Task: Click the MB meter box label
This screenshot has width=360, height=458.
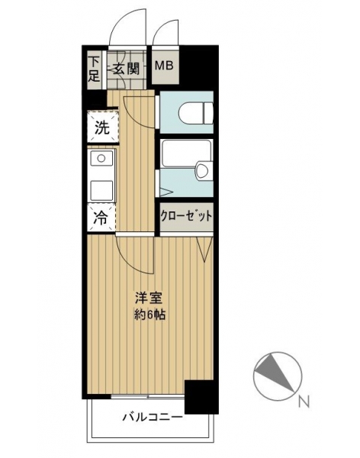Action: click(164, 66)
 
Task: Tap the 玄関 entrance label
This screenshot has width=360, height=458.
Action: click(126, 69)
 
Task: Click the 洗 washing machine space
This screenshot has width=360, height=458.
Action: click(102, 127)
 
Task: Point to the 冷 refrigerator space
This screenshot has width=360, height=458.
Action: click(101, 218)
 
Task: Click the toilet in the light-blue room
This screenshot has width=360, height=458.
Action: click(195, 113)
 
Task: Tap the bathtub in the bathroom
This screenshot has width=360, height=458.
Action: click(185, 153)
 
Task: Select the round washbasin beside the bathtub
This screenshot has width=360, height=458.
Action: click(202, 170)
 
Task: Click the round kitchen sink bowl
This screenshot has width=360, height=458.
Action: click(101, 158)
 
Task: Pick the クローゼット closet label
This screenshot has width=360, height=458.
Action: click(186, 217)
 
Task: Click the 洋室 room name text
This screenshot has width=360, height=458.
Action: click(148, 298)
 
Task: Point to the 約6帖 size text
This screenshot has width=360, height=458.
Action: click(149, 314)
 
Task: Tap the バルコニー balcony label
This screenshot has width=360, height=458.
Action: click(152, 417)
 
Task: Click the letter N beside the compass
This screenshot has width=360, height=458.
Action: click(304, 402)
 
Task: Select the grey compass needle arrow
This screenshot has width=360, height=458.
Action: click(274, 373)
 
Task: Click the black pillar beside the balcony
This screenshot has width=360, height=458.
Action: click(202, 397)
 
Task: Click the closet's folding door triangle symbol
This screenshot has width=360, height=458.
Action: click(204, 249)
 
